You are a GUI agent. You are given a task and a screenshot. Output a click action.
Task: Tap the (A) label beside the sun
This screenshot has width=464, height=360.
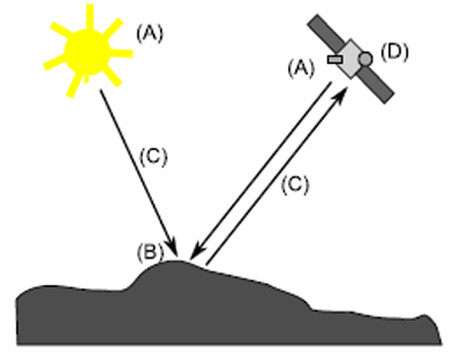[x=150, y=34]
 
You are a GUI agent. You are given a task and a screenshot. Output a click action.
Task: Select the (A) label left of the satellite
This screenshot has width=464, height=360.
[x=301, y=68]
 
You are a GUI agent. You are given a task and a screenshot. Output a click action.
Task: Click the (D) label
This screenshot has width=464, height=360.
[x=395, y=52]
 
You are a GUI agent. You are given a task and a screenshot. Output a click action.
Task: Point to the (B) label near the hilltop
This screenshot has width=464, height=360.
[x=150, y=252]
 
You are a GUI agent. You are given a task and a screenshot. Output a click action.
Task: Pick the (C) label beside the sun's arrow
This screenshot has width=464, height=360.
[x=154, y=156]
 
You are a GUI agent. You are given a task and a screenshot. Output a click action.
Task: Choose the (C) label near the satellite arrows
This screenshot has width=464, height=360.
[x=295, y=184]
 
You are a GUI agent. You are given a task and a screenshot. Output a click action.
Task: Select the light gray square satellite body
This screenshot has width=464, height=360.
[x=351, y=59]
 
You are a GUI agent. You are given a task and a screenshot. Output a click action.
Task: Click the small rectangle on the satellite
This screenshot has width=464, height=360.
[x=336, y=59]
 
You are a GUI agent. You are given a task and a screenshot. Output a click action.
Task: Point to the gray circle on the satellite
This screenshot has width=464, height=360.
[x=365, y=59]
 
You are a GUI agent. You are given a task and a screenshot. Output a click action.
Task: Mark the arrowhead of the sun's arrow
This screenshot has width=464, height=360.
[x=173, y=249]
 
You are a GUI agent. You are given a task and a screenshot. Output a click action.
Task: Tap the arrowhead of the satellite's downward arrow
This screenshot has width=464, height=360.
[x=196, y=253]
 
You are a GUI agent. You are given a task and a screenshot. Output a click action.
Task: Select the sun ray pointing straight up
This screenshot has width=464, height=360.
[x=90, y=17]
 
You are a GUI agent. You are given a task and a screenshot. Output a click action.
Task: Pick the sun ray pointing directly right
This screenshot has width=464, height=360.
[x=121, y=53]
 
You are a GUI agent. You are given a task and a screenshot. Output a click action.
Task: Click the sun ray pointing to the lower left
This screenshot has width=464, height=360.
[x=75, y=86]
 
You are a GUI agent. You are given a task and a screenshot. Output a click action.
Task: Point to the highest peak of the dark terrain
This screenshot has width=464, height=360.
[x=176, y=261]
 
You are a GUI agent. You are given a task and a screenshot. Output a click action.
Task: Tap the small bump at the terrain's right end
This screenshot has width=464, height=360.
[x=425, y=316]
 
